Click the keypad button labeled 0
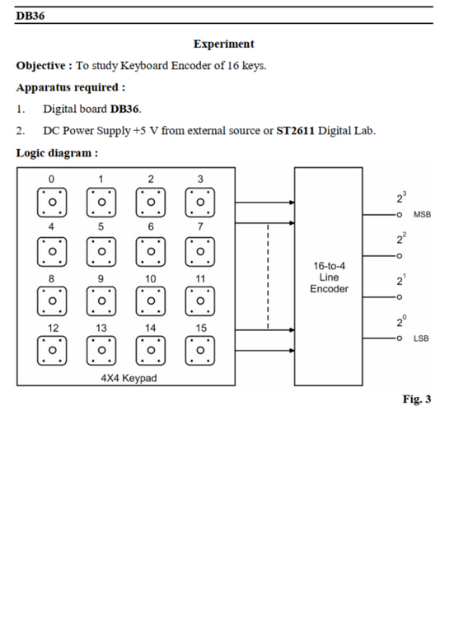[x=52, y=203]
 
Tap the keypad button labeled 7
[x=200, y=251]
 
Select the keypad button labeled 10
[x=151, y=301]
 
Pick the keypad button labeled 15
[x=200, y=350]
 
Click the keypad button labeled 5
[x=101, y=251]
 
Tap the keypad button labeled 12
[x=52, y=350]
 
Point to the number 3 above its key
[x=200, y=179]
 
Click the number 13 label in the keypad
[x=101, y=328]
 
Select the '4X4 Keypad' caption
[x=129, y=378]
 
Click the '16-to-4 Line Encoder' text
[x=329, y=277]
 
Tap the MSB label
[x=422, y=215]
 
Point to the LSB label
[x=421, y=338]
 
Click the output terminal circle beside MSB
[x=399, y=215]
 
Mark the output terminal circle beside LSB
[x=399, y=338]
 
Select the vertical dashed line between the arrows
[x=268, y=277]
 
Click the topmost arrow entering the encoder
[x=264, y=203]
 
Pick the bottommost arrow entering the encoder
[x=264, y=351]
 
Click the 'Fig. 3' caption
[x=417, y=399]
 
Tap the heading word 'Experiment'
[x=224, y=44]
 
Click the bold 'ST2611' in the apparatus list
[x=295, y=131]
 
